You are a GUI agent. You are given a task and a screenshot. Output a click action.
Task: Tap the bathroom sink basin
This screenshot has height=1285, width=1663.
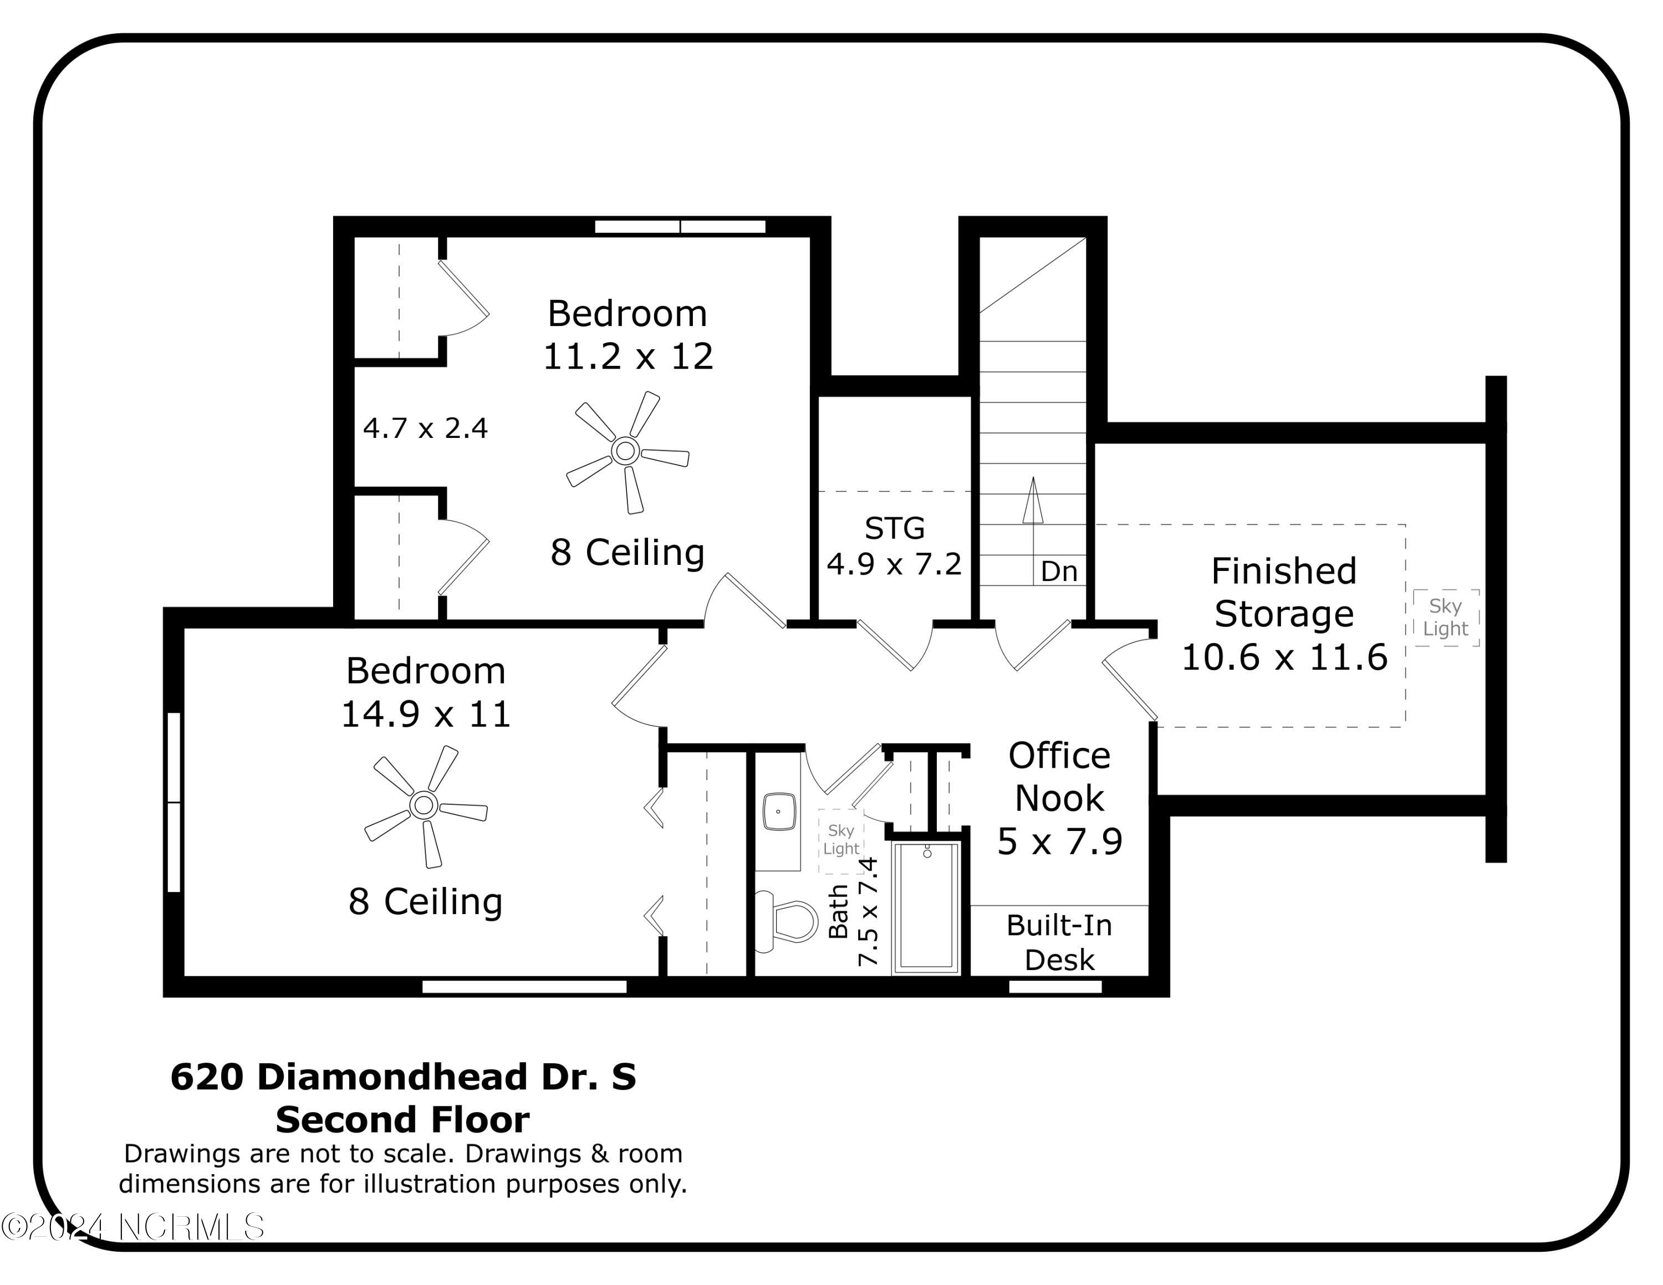779,812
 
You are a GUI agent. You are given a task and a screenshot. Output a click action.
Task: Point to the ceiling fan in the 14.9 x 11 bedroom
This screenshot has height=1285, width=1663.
425,806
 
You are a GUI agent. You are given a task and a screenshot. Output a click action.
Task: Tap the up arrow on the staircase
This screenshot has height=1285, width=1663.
1033,500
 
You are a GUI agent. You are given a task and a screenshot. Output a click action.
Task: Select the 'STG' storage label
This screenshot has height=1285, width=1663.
895,528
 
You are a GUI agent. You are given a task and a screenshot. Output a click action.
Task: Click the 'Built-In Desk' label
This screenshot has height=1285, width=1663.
1059,942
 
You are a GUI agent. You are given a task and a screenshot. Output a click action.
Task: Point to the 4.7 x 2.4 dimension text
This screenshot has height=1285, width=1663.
425,428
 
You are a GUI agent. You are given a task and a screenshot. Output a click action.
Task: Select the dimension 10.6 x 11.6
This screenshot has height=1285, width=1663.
1284,657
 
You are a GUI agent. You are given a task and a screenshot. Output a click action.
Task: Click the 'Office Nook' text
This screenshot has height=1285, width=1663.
1059,777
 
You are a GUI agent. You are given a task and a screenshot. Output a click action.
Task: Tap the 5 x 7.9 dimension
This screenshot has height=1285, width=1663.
1060,841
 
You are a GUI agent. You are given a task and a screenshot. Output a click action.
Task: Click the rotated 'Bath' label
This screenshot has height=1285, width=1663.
838,911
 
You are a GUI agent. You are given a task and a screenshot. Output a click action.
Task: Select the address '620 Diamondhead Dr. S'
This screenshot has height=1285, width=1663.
403,1077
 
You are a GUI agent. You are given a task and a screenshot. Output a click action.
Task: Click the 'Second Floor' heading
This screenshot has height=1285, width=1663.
403,1120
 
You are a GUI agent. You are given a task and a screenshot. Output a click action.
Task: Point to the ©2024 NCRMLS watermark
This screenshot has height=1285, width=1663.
132,1227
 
